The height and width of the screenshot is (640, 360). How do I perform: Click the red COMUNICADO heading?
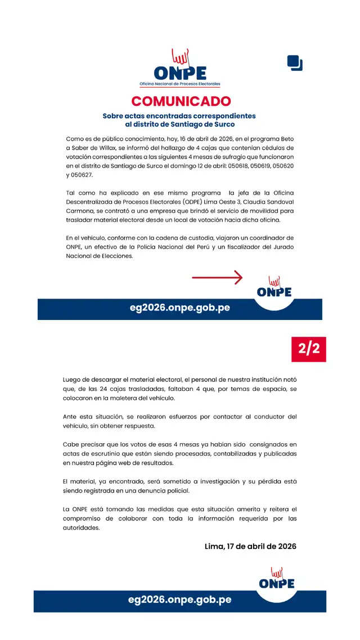click(181, 101)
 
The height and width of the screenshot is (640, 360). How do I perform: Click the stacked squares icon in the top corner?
click(295, 63)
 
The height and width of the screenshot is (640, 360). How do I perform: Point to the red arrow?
click(217, 277)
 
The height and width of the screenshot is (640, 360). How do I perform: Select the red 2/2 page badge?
click(309, 350)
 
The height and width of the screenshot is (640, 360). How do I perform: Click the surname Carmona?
click(81, 210)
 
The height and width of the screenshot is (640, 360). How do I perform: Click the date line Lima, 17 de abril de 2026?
click(250, 546)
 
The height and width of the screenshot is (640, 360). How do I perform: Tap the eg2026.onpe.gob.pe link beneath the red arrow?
click(179, 309)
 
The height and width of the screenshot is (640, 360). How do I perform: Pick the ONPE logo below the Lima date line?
click(277, 579)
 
